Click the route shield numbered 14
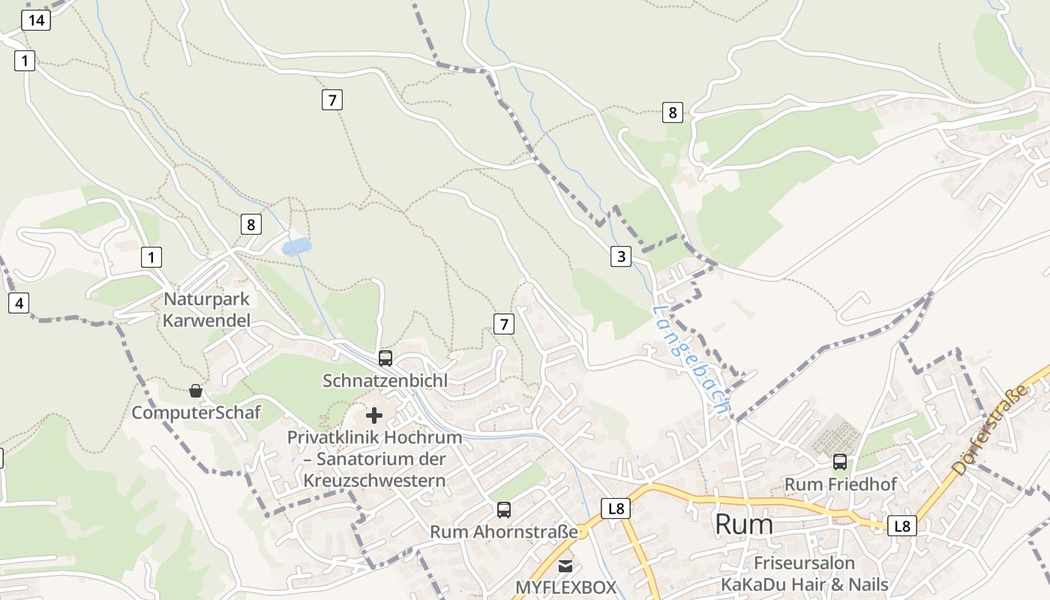pyautogui.click(x=36, y=20)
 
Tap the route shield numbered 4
pyautogui.click(x=19, y=304)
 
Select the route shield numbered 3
pyautogui.click(x=620, y=256)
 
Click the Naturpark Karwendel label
pyautogui.click(x=207, y=310)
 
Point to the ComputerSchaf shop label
pyautogui.click(x=196, y=412)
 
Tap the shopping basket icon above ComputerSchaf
pyautogui.click(x=196, y=391)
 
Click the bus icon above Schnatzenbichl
pyautogui.click(x=385, y=358)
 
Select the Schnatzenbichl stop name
pyautogui.click(x=385, y=381)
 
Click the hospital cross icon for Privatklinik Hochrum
pyautogui.click(x=374, y=415)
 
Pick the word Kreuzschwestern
pyautogui.click(x=374, y=481)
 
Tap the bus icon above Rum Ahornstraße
pyautogui.click(x=504, y=510)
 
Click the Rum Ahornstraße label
pyautogui.click(x=504, y=532)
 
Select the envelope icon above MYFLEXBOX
pyautogui.click(x=565, y=565)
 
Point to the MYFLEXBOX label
pyautogui.click(x=565, y=586)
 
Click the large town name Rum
pyautogui.click(x=743, y=524)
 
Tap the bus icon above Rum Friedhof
pyautogui.click(x=840, y=462)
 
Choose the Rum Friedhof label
pyautogui.click(x=840, y=484)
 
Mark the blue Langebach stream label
pyautogui.click(x=690, y=361)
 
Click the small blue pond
pyautogui.click(x=297, y=246)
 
